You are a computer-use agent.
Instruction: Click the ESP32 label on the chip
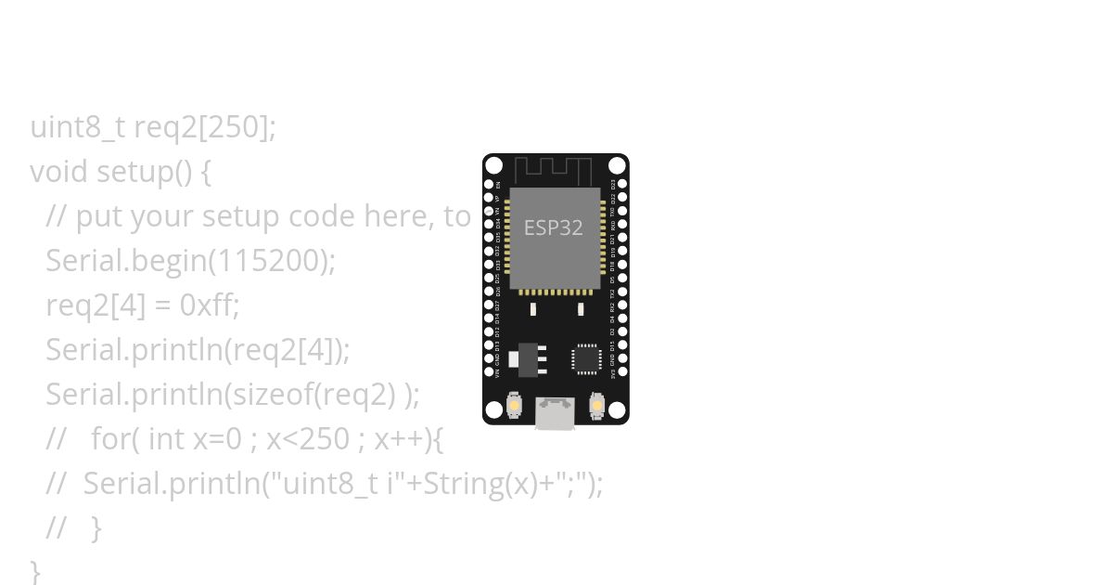click(x=554, y=227)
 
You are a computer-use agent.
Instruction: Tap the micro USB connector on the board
click(x=556, y=413)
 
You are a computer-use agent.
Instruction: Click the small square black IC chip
click(x=586, y=358)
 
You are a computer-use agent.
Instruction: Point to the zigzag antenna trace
click(x=553, y=171)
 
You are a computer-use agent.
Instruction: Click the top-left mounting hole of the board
click(x=494, y=166)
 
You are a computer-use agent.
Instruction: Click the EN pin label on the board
click(x=499, y=185)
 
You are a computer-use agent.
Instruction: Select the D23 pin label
click(x=612, y=185)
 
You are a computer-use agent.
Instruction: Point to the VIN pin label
click(x=499, y=373)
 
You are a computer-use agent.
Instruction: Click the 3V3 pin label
click(x=612, y=373)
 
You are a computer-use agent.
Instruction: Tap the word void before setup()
click(x=59, y=172)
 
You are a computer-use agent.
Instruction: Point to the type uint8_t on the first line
click(x=78, y=127)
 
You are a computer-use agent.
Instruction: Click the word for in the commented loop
click(x=109, y=439)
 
